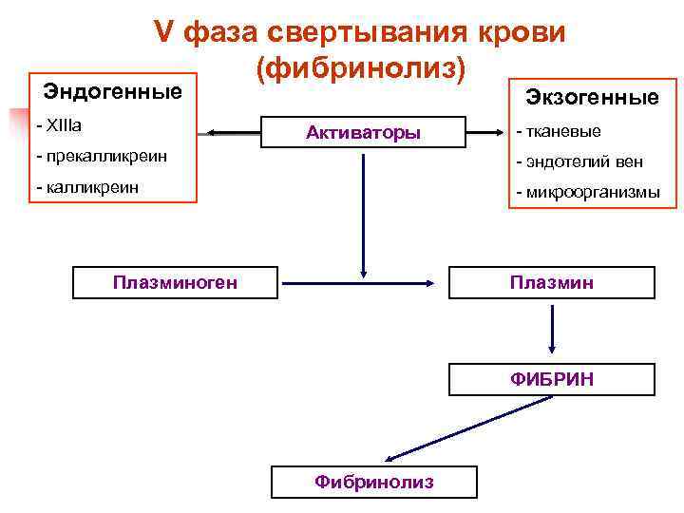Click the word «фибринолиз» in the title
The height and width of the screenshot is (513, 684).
pyautogui.click(x=360, y=67)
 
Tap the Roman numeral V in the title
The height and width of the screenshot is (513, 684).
pyautogui.click(x=163, y=32)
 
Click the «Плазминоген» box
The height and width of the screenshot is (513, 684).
pyautogui.click(x=175, y=282)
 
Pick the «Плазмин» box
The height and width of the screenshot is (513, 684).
pyautogui.click(x=551, y=282)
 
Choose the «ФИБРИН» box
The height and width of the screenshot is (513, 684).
pyautogui.click(x=551, y=379)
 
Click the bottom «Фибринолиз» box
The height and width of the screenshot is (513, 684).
pyautogui.click(x=374, y=482)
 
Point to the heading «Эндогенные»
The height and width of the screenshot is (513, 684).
pyautogui.click(x=113, y=92)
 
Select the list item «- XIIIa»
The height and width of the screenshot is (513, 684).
pyautogui.click(x=59, y=125)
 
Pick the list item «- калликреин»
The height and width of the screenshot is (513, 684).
pyautogui.click(x=86, y=187)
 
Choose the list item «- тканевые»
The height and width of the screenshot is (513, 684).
pyautogui.click(x=558, y=131)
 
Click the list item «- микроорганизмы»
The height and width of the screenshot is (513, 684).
pyautogui.click(x=587, y=193)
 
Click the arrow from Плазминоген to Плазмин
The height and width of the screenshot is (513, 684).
pyautogui.click(x=362, y=283)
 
